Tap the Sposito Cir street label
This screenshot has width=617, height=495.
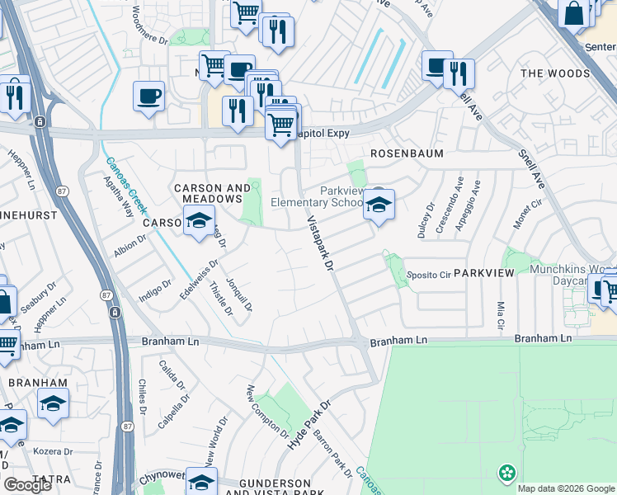pos(426,275)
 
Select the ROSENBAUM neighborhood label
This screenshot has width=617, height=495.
pos(407,154)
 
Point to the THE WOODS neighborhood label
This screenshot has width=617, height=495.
pos(555,73)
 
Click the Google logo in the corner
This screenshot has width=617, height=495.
pos(27,485)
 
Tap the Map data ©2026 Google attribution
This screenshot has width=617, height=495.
pos(566,488)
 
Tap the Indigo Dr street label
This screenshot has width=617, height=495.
pos(155,290)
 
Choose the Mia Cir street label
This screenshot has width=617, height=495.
pos(501,315)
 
